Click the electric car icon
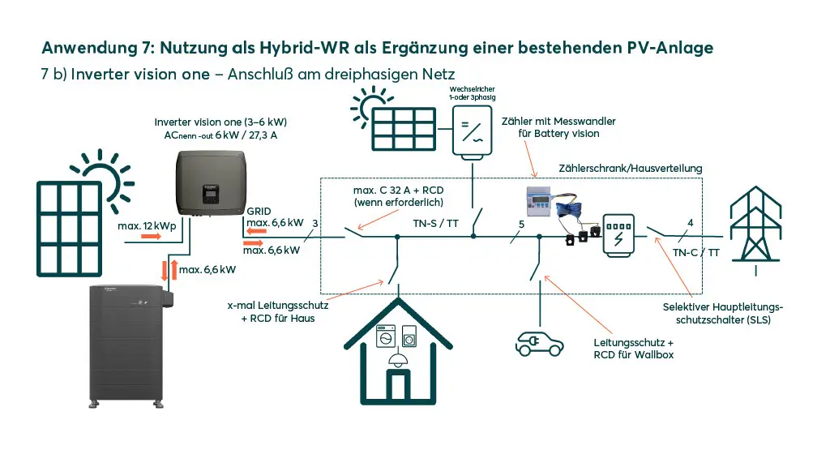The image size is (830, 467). click(x=539, y=344)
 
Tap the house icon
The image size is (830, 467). click(x=398, y=352)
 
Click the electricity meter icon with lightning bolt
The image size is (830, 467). click(x=618, y=236)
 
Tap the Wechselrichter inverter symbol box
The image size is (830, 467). click(x=473, y=131)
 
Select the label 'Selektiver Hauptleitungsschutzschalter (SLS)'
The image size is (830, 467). click(x=723, y=314)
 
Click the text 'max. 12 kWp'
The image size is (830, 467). click(x=147, y=226)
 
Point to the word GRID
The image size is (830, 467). click(x=259, y=212)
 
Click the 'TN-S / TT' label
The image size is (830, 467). click(x=435, y=224)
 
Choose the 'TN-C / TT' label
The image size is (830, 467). click(x=696, y=253)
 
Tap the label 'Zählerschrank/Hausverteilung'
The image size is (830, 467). click(x=631, y=169)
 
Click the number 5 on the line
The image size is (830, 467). click(x=521, y=225)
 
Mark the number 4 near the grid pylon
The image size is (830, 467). click(x=691, y=223)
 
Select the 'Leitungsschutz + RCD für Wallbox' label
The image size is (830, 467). click(x=634, y=349)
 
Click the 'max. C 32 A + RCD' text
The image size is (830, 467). click(x=399, y=190)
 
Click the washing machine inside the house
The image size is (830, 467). click(x=386, y=336)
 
